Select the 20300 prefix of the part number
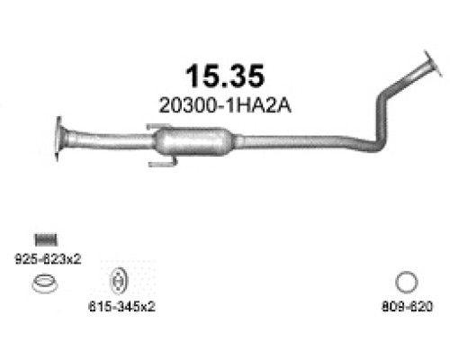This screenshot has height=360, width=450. [183, 105]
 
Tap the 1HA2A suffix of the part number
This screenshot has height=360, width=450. [245, 105]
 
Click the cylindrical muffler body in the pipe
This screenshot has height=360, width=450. [193, 141]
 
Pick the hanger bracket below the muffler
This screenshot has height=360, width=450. [162, 163]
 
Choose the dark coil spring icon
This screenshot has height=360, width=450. [45, 238]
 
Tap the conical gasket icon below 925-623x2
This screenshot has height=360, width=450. [41, 287]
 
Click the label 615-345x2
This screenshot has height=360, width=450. [122, 306]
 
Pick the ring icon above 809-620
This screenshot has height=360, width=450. [407, 283]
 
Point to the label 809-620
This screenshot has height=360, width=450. [408, 306]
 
